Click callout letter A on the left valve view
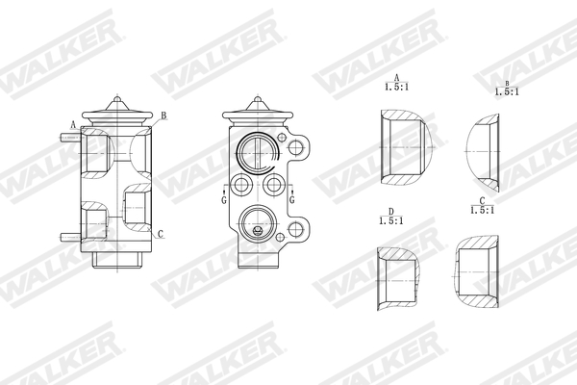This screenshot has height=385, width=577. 74,124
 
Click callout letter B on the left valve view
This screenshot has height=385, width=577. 163,116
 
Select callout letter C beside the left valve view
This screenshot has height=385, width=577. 161,234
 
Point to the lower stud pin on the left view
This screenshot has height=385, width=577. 68,236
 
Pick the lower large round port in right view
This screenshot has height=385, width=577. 259,222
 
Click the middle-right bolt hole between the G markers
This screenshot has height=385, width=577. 274,184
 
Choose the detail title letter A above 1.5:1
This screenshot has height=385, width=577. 396,77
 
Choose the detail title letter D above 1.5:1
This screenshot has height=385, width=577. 391,211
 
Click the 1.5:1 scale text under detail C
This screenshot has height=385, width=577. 482,210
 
